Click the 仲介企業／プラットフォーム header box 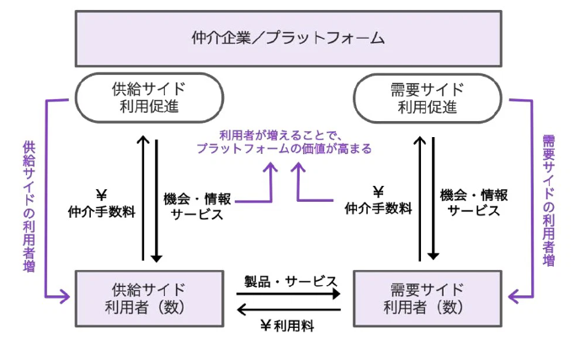(289, 38)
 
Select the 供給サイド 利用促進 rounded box (149, 98)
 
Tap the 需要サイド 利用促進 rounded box (427, 98)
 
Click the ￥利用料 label (288, 326)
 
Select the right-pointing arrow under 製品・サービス (289, 294)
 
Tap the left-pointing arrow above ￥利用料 (289, 310)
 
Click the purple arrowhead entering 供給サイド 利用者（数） (66, 296)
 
